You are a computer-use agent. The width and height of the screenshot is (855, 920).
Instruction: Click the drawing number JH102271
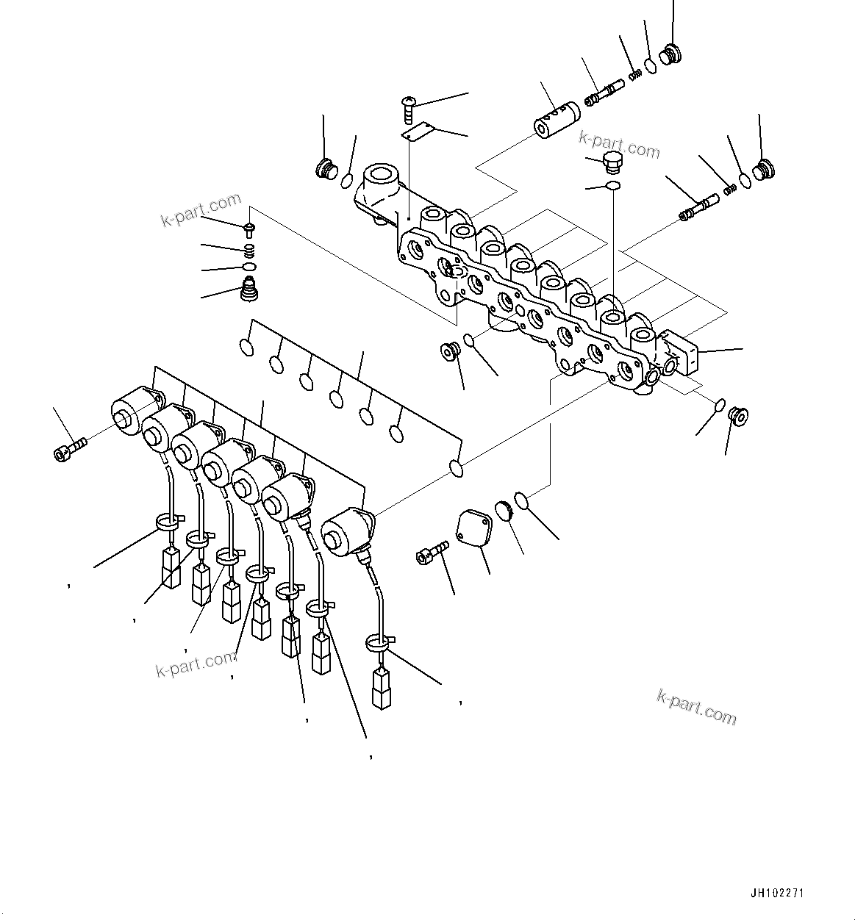coord(777,894)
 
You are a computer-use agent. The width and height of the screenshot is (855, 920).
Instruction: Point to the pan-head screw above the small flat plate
coord(409,107)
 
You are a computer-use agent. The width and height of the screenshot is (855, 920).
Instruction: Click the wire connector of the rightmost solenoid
coord(381,688)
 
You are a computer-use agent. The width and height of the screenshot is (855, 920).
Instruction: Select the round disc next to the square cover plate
coord(504,511)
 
